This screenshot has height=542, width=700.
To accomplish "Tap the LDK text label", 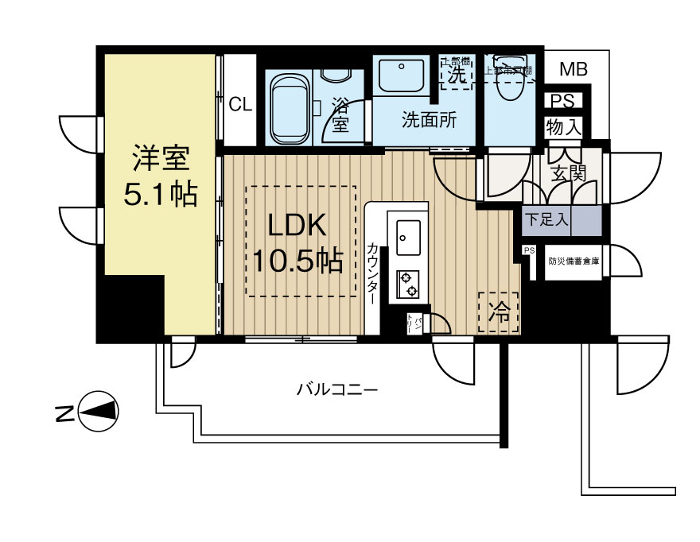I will click(x=297, y=226).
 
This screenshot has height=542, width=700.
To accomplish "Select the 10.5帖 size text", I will click(x=297, y=260).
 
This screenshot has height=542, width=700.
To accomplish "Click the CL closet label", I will click(x=240, y=104).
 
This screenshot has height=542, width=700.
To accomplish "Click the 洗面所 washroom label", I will click(x=428, y=121).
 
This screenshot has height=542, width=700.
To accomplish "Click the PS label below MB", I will click(x=562, y=101).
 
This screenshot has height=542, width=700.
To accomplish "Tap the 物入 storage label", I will click(x=563, y=126).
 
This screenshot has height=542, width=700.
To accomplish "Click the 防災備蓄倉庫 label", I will click(x=574, y=261).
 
